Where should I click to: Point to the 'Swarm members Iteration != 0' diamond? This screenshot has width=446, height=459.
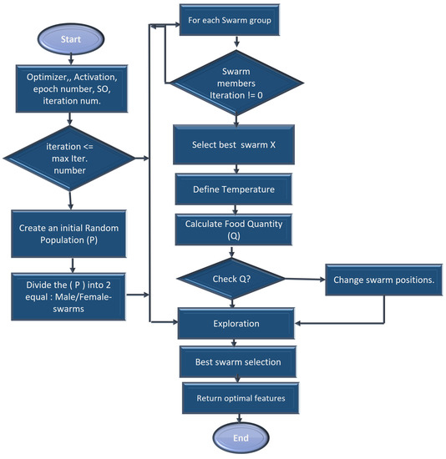[234, 82]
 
